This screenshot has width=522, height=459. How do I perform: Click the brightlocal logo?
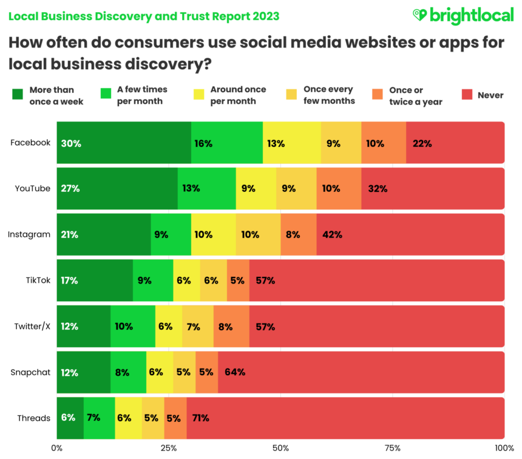[463, 15]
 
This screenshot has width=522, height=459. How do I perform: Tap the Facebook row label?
[30, 143]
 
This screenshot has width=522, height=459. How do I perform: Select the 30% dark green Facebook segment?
[124, 143]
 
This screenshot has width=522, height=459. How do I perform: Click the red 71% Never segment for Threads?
[345, 418]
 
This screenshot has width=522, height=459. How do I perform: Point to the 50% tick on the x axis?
[280, 448]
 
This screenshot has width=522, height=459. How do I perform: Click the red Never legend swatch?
[467, 95]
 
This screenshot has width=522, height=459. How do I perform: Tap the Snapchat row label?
[30, 372]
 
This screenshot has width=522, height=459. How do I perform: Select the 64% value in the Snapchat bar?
[235, 372]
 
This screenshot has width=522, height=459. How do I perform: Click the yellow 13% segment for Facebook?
[292, 143]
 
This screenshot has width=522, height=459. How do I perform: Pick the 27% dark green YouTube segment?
[117, 188]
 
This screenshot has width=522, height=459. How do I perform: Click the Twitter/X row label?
[32, 326]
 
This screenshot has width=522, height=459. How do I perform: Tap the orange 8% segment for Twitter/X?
[231, 326]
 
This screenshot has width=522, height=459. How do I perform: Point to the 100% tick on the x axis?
[503, 448]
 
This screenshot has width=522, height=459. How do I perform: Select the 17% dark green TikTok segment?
[95, 280]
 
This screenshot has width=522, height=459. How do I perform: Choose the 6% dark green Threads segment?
[70, 418]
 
